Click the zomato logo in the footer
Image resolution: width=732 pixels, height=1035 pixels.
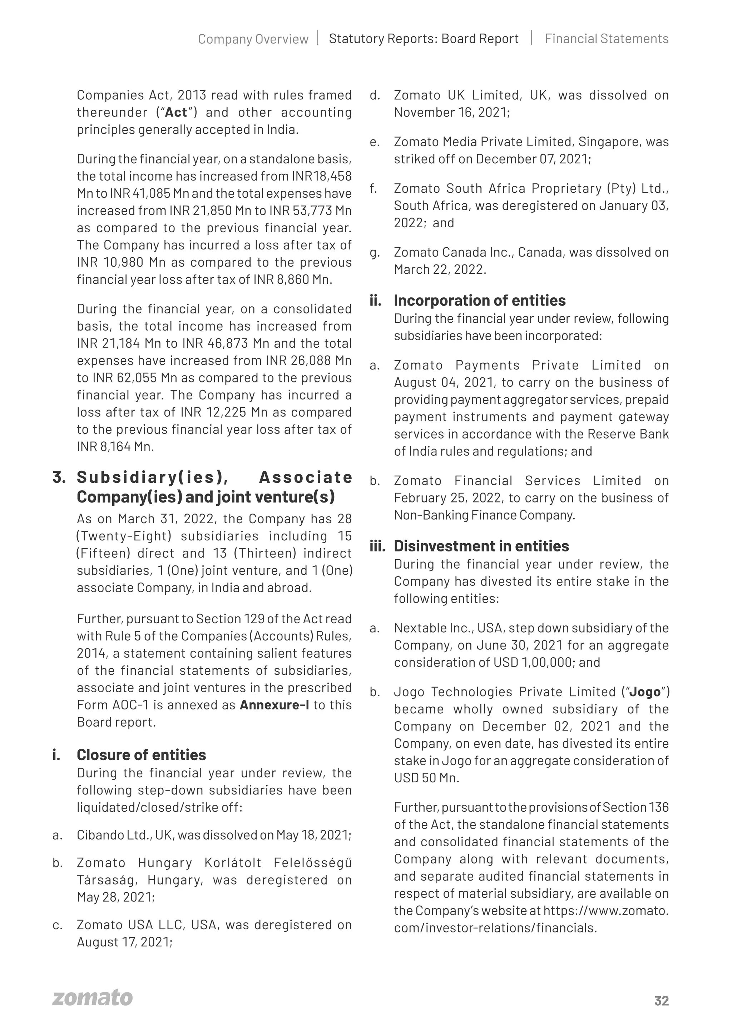click(93, 998)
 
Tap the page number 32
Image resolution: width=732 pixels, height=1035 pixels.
click(661, 1001)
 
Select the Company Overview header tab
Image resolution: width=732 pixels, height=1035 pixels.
click(253, 39)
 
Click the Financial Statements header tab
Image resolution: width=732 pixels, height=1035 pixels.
click(606, 39)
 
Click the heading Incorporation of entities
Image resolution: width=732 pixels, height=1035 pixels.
click(480, 300)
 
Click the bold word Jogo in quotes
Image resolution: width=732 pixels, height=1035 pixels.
click(644, 692)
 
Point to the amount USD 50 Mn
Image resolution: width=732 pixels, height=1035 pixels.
click(426, 778)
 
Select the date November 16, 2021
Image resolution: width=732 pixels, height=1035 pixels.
click(451, 113)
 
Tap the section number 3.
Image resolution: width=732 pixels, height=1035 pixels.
click(59, 477)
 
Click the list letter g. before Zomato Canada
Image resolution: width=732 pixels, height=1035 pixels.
click(374, 253)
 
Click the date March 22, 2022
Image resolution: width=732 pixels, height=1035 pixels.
click(440, 269)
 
